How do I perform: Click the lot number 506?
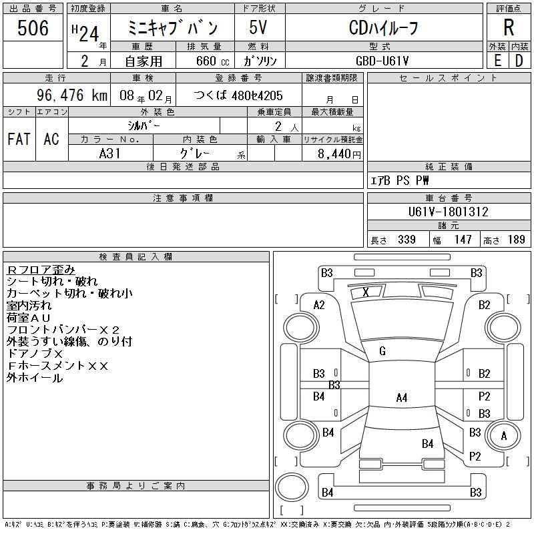point(33,29)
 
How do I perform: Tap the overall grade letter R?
point(509,28)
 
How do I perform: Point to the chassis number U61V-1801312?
point(449,212)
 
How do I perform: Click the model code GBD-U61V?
point(383,60)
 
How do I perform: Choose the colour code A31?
point(109,153)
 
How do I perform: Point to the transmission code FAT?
point(19,139)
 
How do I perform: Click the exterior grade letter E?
point(497,60)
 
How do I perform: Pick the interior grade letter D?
point(519,60)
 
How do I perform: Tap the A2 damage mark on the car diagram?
point(319,305)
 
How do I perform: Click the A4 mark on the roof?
point(401,398)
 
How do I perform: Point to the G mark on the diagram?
point(382,351)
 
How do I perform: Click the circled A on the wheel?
point(504,436)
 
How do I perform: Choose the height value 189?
point(516,240)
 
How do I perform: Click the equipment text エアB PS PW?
point(400,180)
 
